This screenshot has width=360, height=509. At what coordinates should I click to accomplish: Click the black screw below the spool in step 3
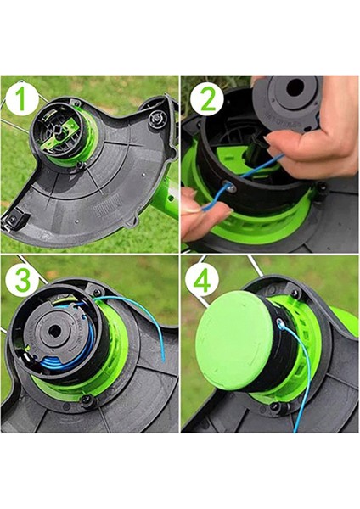[x=86, y=400]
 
